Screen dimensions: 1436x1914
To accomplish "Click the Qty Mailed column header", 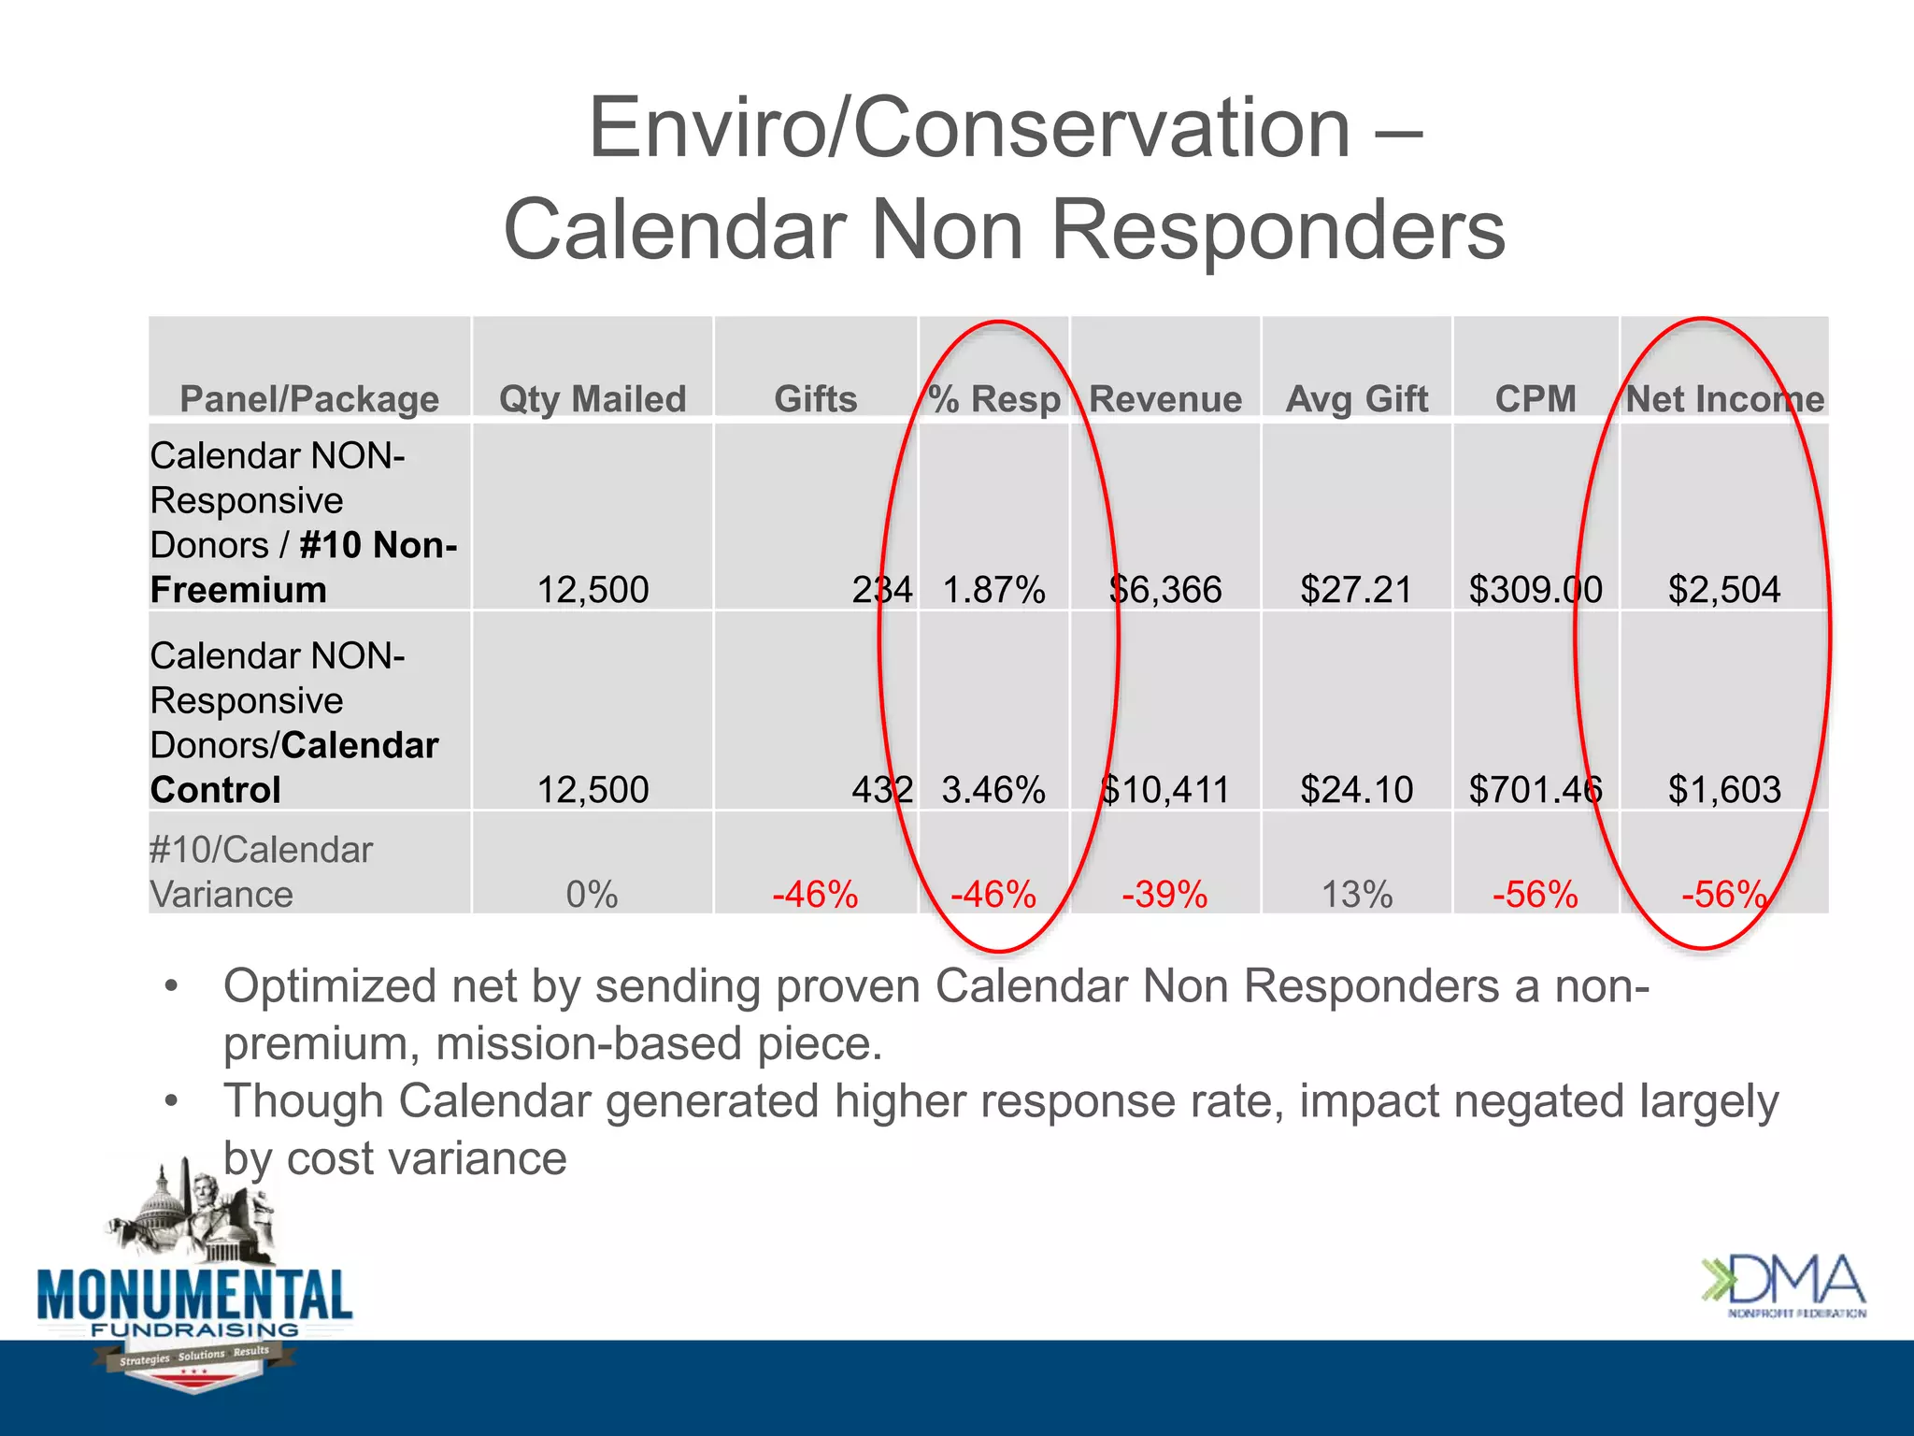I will [593, 399].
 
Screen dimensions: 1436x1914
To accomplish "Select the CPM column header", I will [1535, 399].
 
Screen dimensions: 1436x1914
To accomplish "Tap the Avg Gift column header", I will [1357, 399].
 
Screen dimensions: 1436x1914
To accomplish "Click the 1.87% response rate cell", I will [993, 590].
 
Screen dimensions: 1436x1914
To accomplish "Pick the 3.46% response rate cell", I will [993, 790].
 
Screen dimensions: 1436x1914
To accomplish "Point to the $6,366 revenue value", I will [1165, 590].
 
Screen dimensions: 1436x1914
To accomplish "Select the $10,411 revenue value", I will [1165, 790].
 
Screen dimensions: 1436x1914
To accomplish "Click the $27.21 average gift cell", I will [1357, 590].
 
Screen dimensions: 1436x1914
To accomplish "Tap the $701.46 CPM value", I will [1535, 790].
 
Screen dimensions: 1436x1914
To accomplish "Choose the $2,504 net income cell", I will [1724, 590].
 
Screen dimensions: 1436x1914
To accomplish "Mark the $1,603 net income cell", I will [1724, 790].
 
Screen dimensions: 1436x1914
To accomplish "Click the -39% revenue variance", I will [1165, 895].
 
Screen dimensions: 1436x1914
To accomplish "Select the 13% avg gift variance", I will [1357, 895].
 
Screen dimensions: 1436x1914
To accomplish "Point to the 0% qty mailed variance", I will [593, 895].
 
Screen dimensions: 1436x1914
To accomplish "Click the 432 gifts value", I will [881, 790].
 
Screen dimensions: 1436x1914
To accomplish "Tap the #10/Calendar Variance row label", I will [261, 871].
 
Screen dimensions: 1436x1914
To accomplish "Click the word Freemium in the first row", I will [238, 590].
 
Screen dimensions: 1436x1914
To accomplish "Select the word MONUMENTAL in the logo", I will [194, 1297].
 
